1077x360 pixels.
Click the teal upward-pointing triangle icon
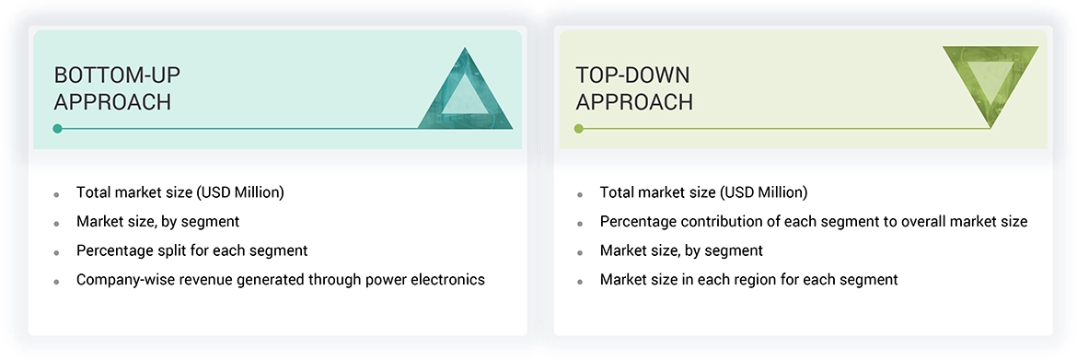pyautogui.click(x=465, y=96)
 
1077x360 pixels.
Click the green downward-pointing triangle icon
pyautogui.click(x=990, y=79)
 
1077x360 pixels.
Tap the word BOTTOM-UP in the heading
pyautogui.click(x=117, y=75)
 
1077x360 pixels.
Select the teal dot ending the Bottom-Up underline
pyautogui.click(x=58, y=129)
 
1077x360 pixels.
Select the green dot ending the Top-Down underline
pyautogui.click(x=579, y=129)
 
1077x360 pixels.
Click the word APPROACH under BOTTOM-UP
pyautogui.click(x=112, y=101)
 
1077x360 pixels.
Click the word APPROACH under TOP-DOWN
pyautogui.click(x=634, y=101)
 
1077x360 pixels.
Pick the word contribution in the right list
pyautogui.click(x=709, y=221)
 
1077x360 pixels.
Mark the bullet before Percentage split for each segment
pyautogui.click(x=57, y=253)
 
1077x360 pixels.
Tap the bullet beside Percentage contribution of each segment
pyautogui.click(x=581, y=224)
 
